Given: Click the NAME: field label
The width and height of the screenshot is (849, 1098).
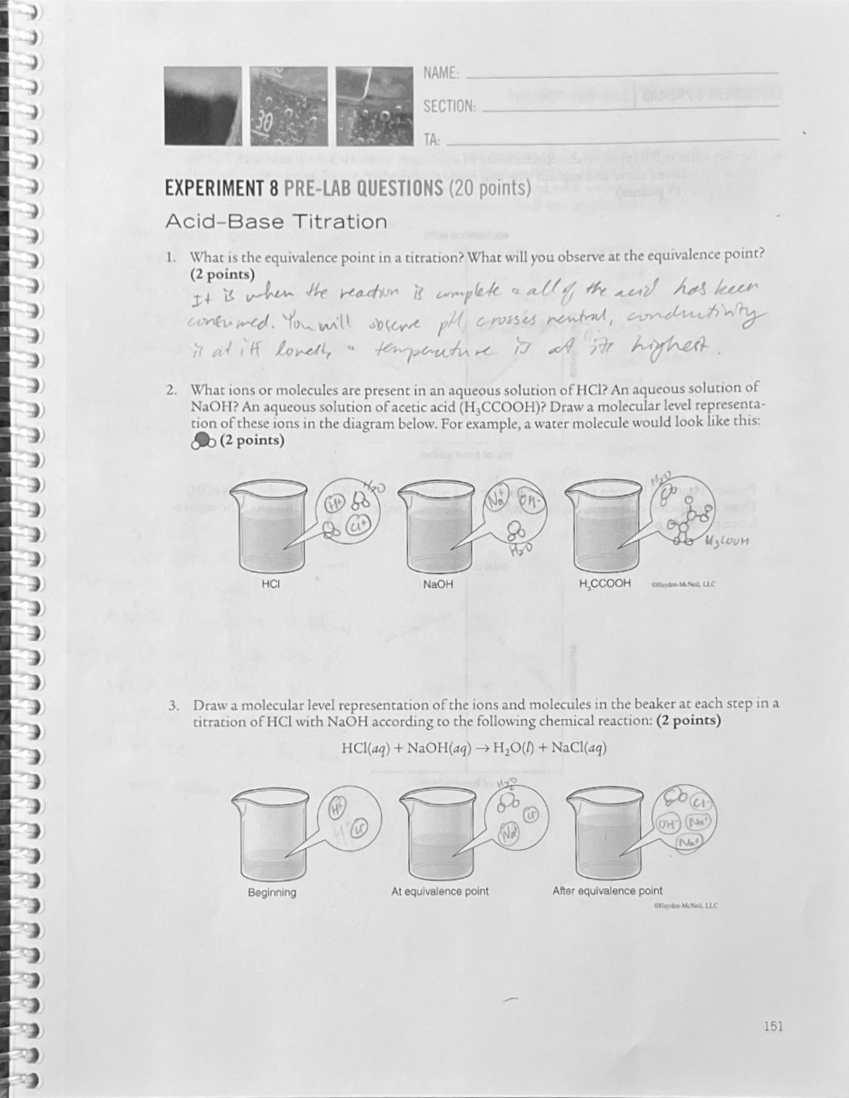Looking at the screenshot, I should pyautogui.click(x=441, y=74).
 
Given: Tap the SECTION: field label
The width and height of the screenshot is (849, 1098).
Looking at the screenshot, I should pyautogui.click(x=449, y=107).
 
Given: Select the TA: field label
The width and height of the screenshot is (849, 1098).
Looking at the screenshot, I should pyautogui.click(x=431, y=140).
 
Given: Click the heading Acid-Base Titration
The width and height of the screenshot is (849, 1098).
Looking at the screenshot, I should pyautogui.click(x=276, y=222).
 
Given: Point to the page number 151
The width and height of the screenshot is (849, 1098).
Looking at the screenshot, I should pyautogui.click(x=773, y=1027).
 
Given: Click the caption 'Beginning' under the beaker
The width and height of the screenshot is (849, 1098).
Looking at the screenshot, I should pyautogui.click(x=272, y=893).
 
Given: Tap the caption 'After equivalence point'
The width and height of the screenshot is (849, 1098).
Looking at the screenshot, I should pyautogui.click(x=607, y=891).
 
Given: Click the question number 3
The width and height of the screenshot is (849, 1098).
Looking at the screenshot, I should pyautogui.click(x=173, y=705).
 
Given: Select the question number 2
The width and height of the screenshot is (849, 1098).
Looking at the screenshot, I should pyautogui.click(x=171, y=390).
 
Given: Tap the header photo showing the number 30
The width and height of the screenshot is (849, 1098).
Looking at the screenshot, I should pyautogui.click(x=288, y=105).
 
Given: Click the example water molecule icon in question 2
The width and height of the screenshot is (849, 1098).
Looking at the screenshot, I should pyautogui.click(x=203, y=441).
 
